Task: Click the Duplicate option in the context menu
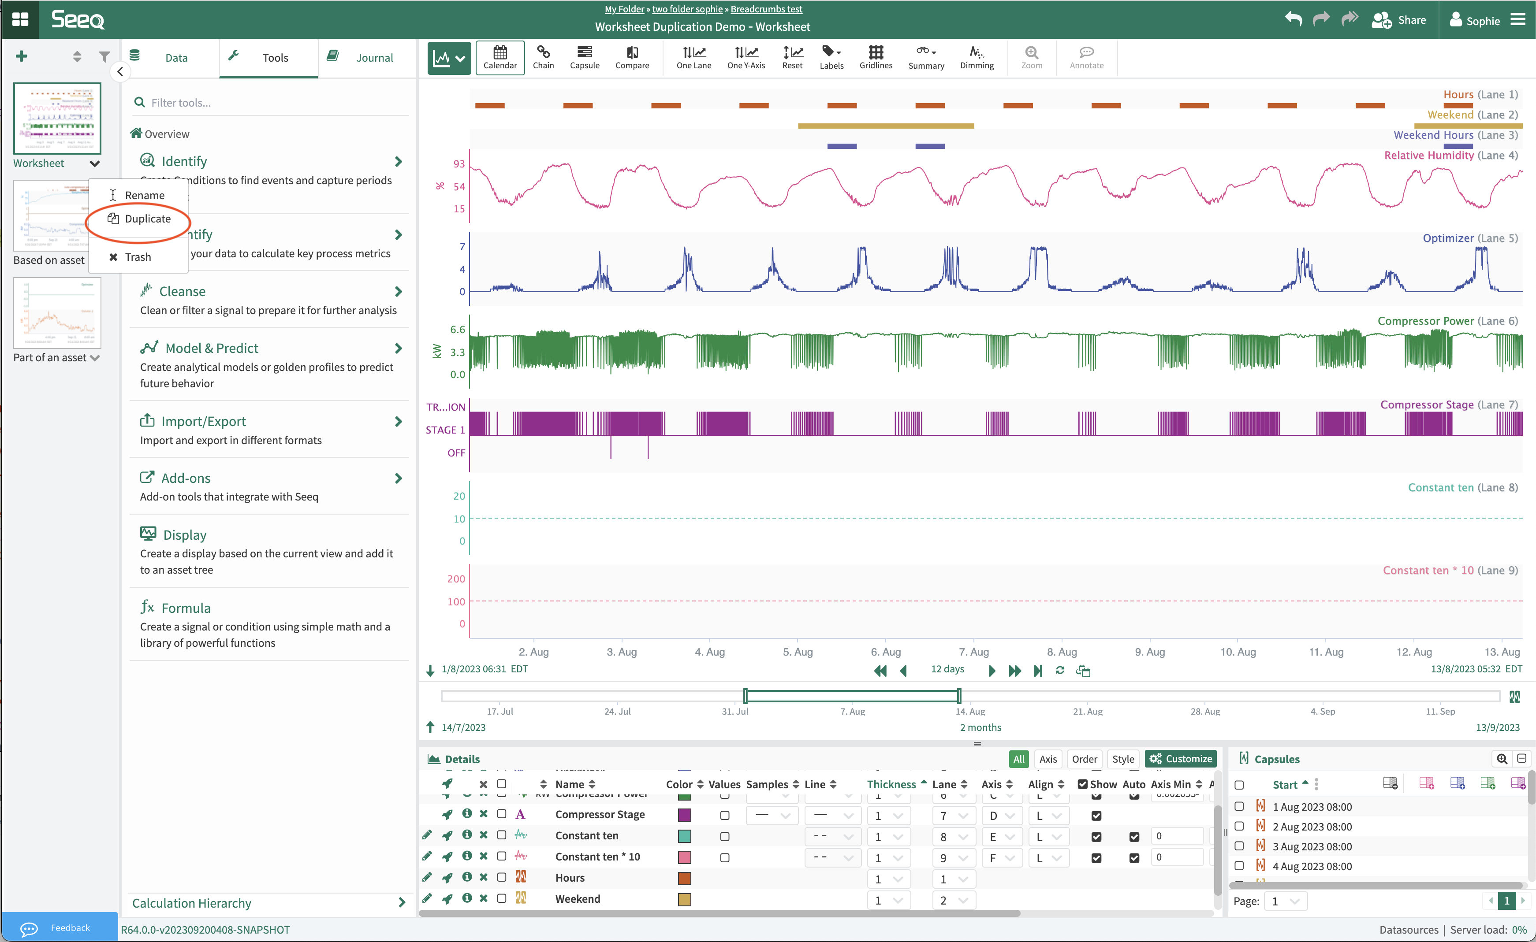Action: pyautogui.click(x=147, y=219)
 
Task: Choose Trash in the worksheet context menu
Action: pyautogui.click(x=137, y=257)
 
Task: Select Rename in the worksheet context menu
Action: pyautogui.click(x=144, y=196)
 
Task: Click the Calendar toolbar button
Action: pyautogui.click(x=500, y=57)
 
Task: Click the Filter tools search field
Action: pyautogui.click(x=274, y=103)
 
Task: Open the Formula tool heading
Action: pyautogui.click(x=186, y=608)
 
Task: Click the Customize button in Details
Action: pyautogui.click(x=1181, y=759)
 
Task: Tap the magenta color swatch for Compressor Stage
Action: pyautogui.click(x=685, y=815)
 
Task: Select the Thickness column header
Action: pyautogui.click(x=891, y=784)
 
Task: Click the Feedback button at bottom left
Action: pyautogui.click(x=60, y=927)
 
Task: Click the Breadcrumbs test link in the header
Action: pyautogui.click(x=766, y=9)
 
